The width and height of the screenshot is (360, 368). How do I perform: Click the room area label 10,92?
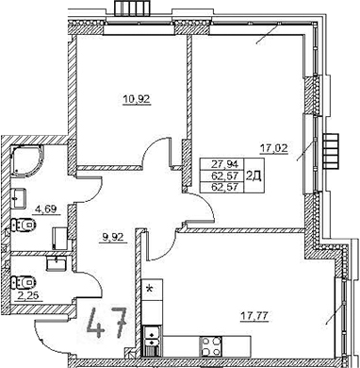(x=138, y=98)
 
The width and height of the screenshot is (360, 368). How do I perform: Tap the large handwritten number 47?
(x=108, y=327)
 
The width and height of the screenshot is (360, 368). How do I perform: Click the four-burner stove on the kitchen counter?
(x=212, y=344)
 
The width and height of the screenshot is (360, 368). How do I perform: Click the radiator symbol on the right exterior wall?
(x=330, y=149)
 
